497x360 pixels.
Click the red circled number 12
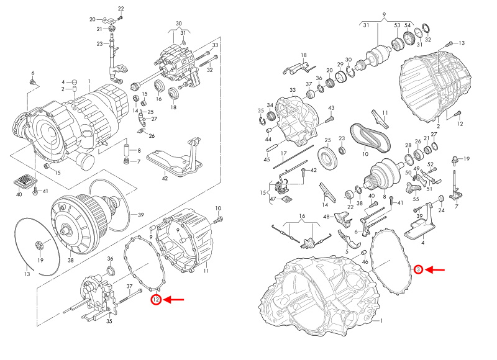tap(156, 300)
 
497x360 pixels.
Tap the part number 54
tap(408, 25)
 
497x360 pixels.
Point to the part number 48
tap(326, 217)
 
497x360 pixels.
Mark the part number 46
tap(365, 263)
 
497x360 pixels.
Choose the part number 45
tap(267, 160)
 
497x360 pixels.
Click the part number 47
tap(271, 198)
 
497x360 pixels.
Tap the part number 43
tap(331, 107)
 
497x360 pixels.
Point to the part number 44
tap(267, 140)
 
